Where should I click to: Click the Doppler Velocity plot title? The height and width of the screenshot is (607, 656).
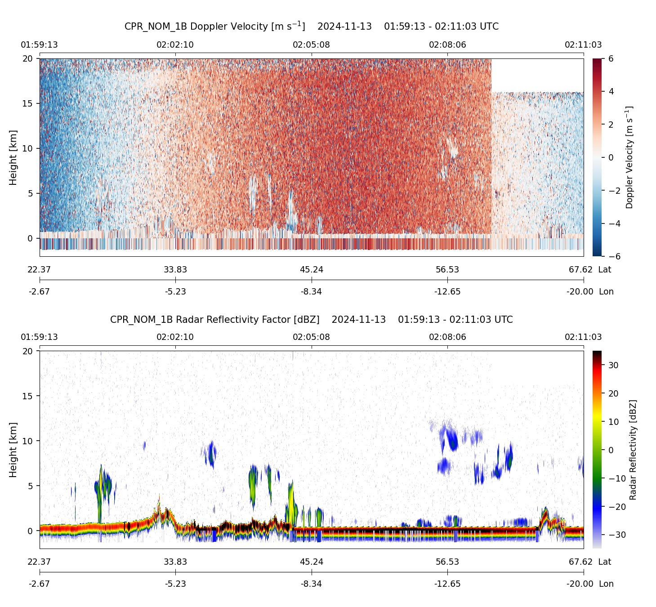[311, 26]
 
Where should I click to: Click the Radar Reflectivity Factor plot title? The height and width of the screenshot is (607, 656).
[311, 320]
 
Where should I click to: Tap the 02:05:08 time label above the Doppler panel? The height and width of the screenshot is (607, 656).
[311, 45]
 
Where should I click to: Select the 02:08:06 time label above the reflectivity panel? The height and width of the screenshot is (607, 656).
[447, 337]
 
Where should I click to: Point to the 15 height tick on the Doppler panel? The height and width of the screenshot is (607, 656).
[28, 103]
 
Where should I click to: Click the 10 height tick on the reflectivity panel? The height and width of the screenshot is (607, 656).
[28, 441]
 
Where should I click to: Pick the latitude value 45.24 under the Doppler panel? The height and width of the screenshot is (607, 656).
[311, 269]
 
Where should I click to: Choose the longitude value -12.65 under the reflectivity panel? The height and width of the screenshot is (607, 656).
[447, 584]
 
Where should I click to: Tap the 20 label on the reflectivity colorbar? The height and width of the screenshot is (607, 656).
[613, 393]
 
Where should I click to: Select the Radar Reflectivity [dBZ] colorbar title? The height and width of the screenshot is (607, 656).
[633, 450]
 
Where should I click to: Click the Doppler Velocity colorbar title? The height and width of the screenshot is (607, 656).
[629, 157]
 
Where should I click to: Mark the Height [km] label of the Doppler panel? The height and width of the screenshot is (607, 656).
[13, 157]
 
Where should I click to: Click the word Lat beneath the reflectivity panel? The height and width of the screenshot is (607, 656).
[605, 562]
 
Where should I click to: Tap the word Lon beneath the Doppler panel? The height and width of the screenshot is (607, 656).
[606, 291]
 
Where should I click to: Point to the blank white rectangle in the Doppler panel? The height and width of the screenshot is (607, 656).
[537, 75]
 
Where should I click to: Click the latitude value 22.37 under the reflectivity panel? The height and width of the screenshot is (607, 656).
[40, 562]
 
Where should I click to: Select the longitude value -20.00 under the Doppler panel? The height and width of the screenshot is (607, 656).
[580, 291]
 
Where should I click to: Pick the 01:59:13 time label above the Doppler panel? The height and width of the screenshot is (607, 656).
[40, 45]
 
